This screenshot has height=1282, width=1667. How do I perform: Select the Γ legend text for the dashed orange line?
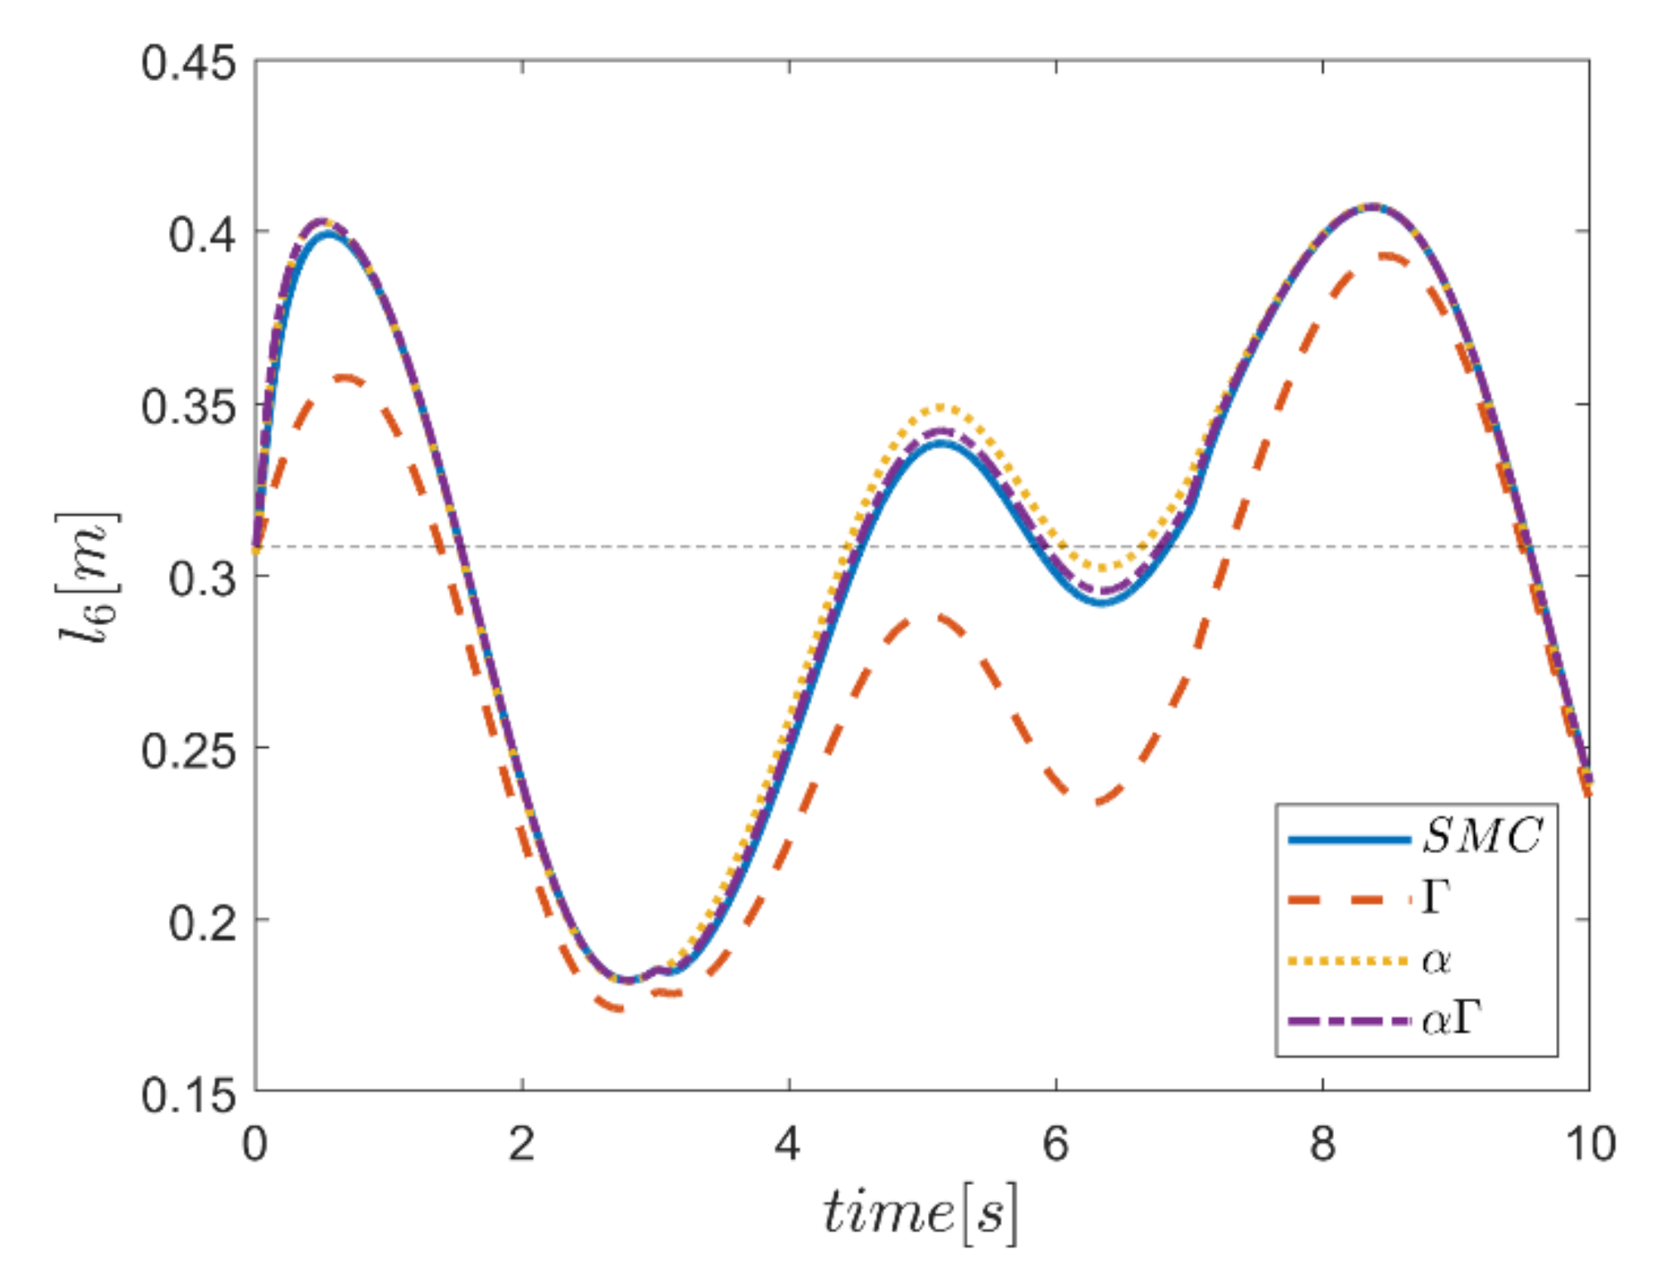[x=1436, y=897]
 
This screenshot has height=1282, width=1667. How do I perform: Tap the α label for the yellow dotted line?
[x=1436, y=961]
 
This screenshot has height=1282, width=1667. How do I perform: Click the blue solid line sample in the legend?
[x=1349, y=840]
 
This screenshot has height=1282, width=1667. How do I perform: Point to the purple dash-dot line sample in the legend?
[x=1349, y=1022]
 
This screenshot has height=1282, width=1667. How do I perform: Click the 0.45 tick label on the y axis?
[x=189, y=63]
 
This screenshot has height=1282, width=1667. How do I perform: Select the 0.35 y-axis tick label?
[x=189, y=407]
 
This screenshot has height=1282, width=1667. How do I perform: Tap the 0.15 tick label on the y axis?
[x=189, y=1096]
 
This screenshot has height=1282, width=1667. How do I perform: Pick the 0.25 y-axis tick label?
[x=189, y=751]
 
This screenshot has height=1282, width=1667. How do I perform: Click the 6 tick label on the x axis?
[x=1055, y=1144]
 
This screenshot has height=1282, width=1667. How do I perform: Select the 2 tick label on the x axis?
[x=521, y=1144]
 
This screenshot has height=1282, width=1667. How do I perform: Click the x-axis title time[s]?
[x=920, y=1213]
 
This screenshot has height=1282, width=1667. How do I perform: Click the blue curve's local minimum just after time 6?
[x=1100, y=602]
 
